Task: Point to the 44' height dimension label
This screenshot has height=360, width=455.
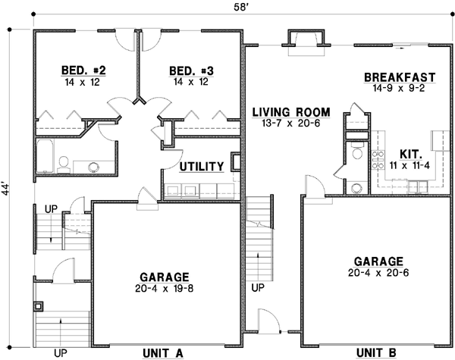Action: click(7, 188)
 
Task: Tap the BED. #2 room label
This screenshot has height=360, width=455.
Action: click(83, 71)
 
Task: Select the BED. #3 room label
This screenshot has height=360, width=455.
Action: click(189, 71)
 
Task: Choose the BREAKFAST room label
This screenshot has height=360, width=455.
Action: click(399, 77)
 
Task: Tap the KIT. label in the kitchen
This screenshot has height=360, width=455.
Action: click(410, 152)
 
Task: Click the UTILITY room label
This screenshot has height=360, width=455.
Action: click(201, 166)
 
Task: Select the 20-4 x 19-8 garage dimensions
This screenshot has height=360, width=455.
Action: click(164, 289)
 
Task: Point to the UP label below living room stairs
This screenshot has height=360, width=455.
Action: click(258, 289)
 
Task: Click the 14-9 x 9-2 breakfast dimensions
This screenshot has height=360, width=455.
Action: click(399, 89)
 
